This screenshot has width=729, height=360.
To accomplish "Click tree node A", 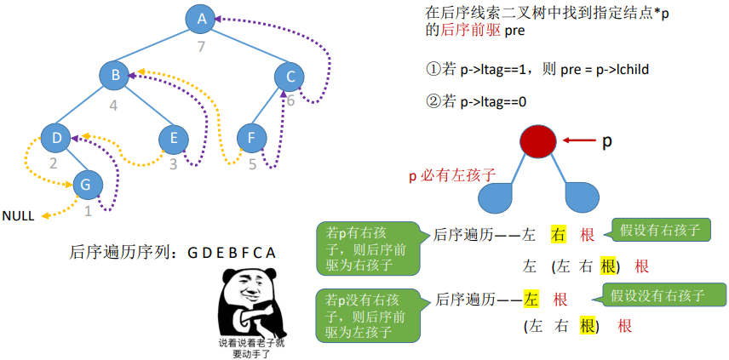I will tap(202, 19).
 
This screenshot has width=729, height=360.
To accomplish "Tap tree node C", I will tap(290, 77).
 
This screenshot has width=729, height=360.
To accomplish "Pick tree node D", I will tap(56, 137).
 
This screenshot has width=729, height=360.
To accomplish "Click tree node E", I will tap(174, 137).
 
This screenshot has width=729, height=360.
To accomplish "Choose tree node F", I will tap(251, 137).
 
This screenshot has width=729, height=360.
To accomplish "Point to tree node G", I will tap(85, 183).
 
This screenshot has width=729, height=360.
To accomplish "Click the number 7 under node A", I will tap(202, 46).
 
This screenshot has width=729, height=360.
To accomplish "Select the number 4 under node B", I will tap(112, 106).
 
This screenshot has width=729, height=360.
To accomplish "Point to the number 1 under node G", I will tap(88, 210).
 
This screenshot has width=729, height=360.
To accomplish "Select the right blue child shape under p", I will tap(581, 197).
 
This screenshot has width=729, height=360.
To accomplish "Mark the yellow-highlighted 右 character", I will tap(560, 234).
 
